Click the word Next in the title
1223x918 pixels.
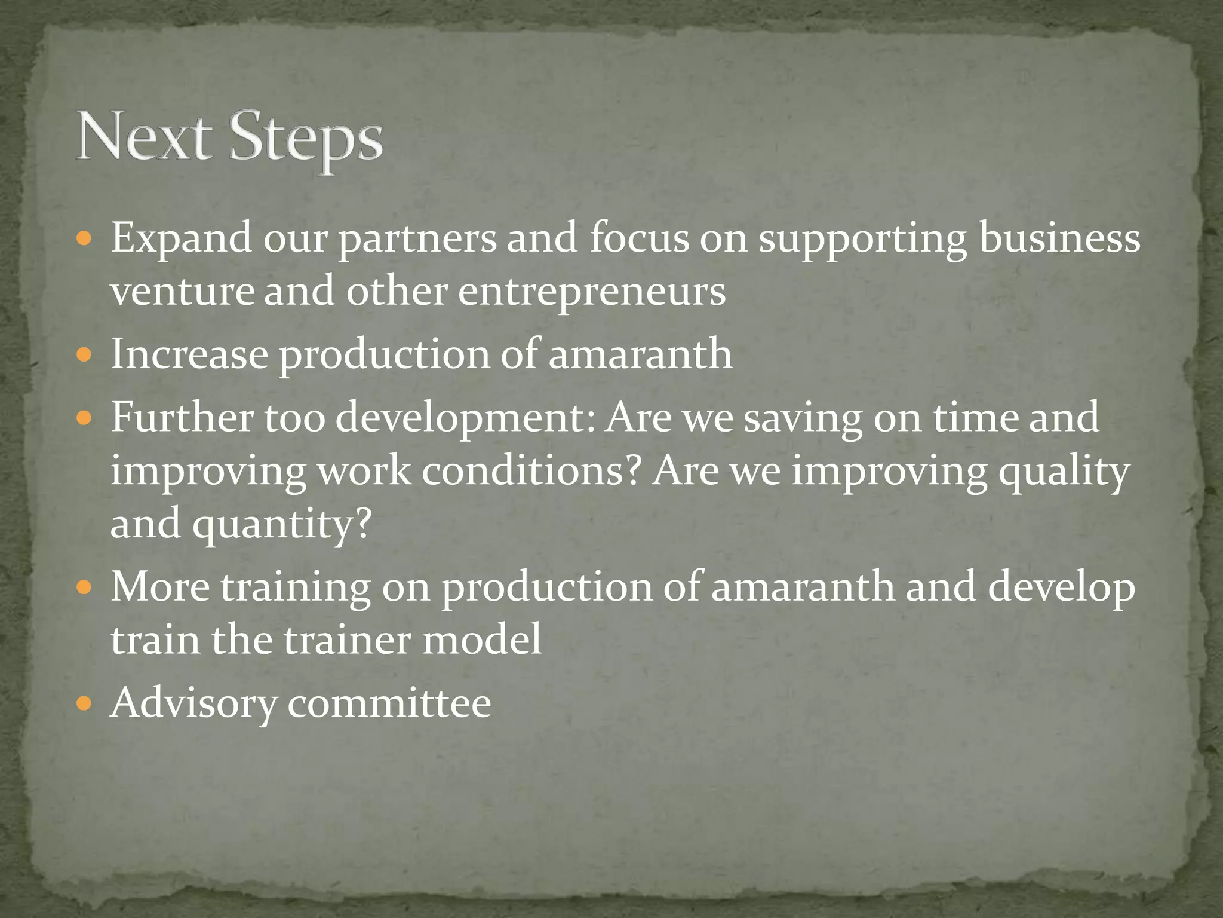144,137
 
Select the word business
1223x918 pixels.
1060,238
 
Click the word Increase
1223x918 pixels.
190,354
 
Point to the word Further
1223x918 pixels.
182,417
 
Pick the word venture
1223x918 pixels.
182,293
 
